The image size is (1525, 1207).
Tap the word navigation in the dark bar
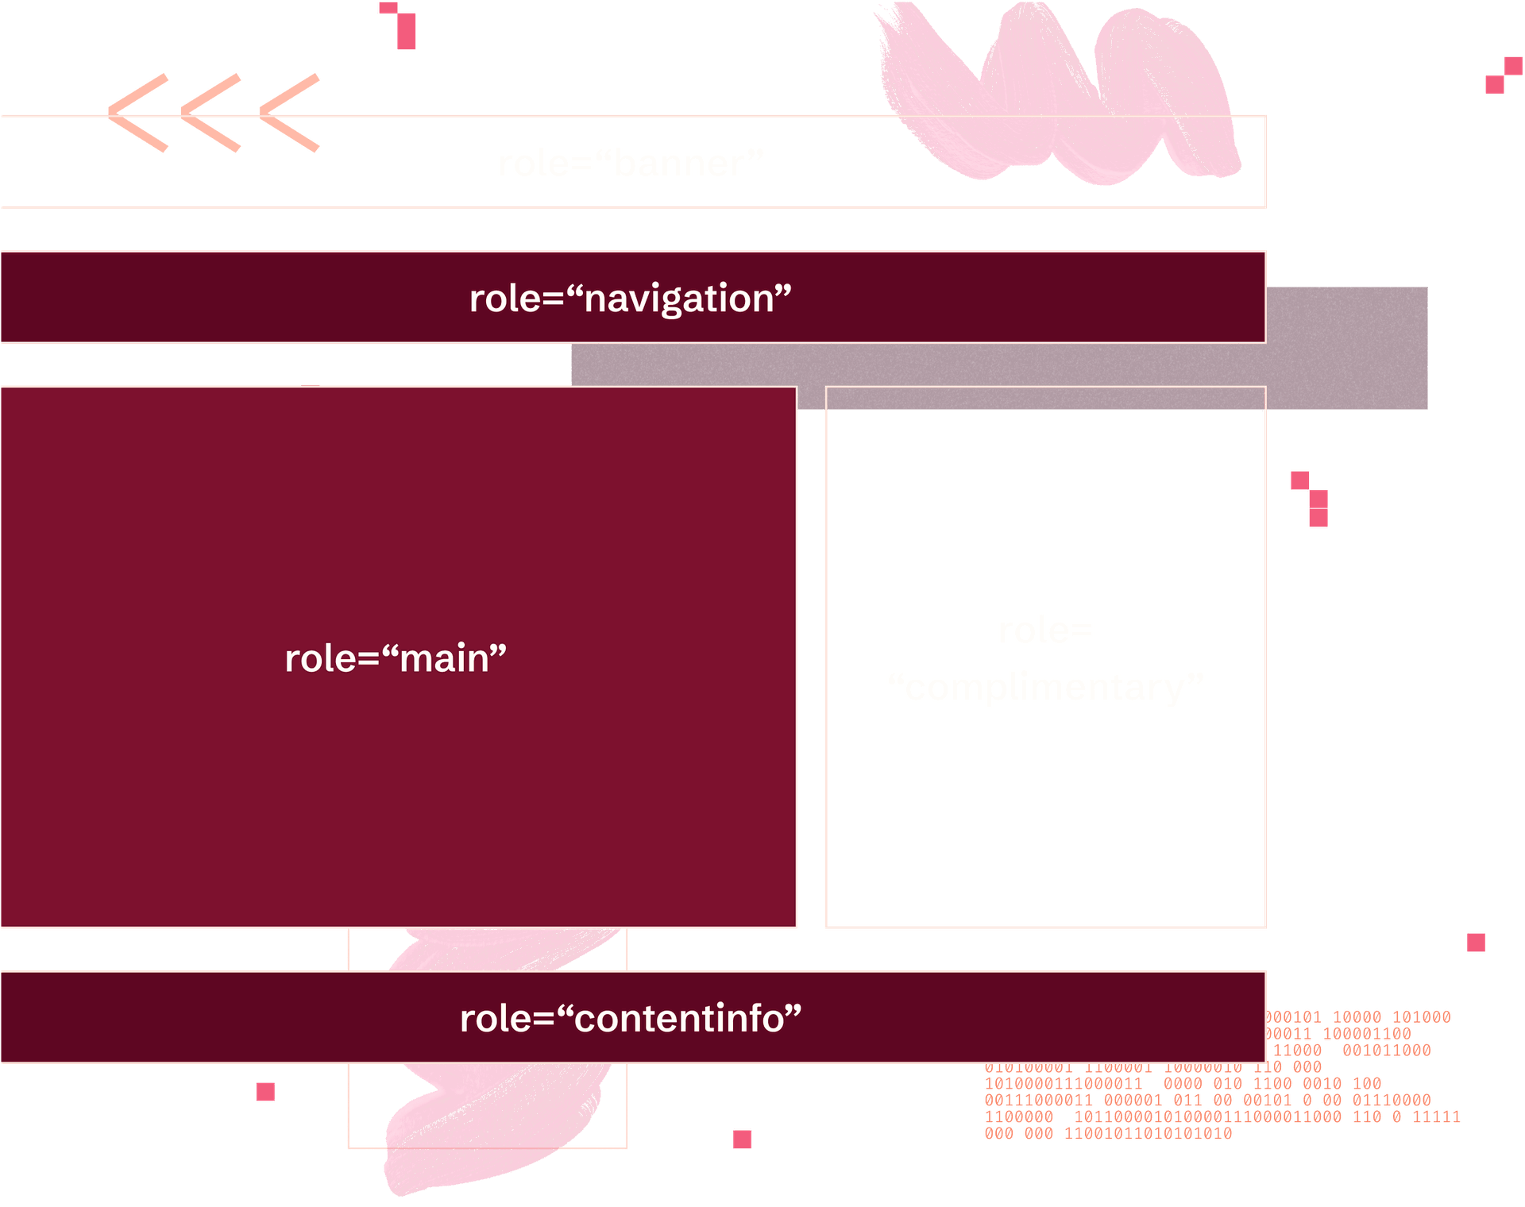click(x=679, y=299)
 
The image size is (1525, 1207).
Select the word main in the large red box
click(x=445, y=659)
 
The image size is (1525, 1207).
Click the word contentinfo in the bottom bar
click(x=679, y=1019)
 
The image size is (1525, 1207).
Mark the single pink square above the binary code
click(x=1475, y=943)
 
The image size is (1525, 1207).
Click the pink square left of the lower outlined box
click(x=264, y=1092)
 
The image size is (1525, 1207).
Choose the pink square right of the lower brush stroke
click(x=743, y=1140)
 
